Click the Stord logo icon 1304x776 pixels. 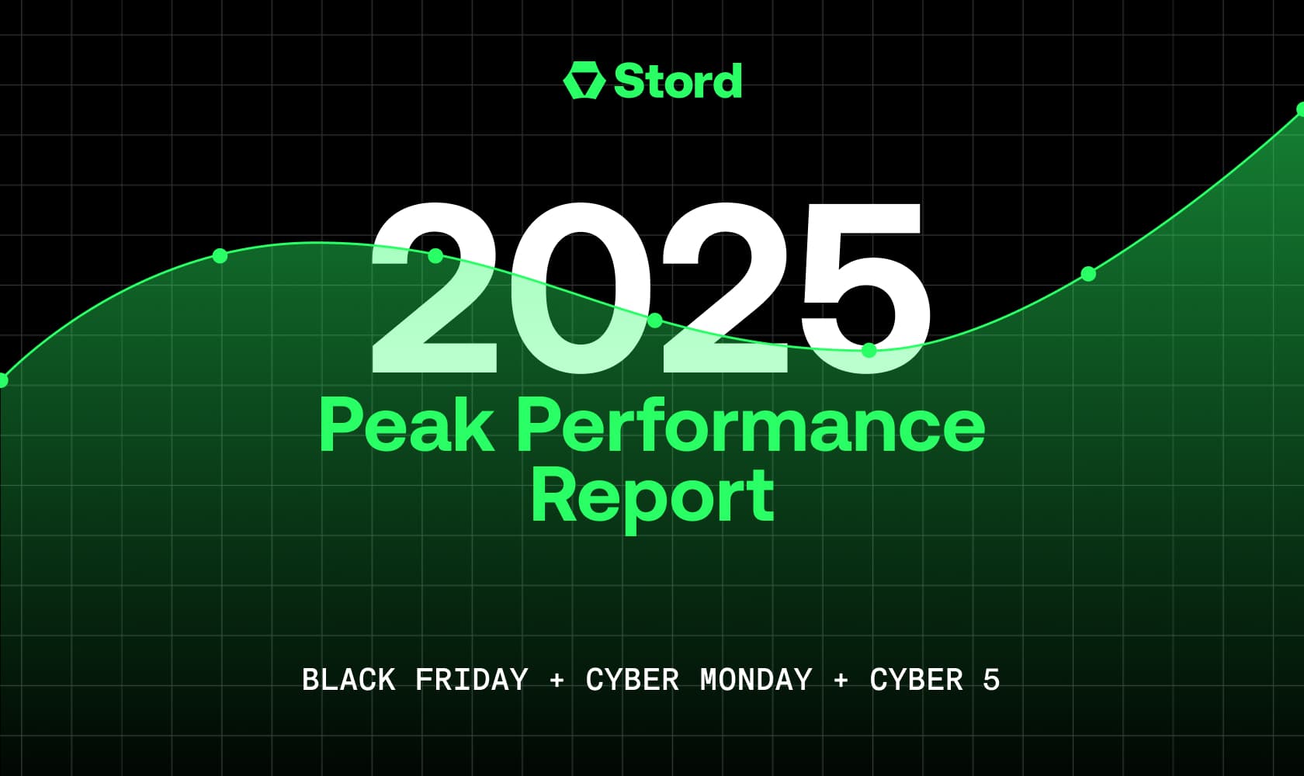tap(584, 81)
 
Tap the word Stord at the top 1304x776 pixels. tap(678, 81)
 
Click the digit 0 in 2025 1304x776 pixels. tap(579, 288)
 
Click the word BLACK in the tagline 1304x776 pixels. tap(348, 679)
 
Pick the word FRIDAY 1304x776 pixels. tap(472, 679)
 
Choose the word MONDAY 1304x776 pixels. tap(756, 679)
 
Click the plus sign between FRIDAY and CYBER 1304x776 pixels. tap(557, 680)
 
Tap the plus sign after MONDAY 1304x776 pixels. tap(841, 680)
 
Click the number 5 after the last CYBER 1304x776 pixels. tap(991, 679)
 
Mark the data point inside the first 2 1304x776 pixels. tap(435, 255)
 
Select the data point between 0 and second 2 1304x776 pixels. tap(655, 320)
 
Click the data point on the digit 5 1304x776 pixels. tap(869, 350)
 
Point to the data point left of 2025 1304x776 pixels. tap(220, 255)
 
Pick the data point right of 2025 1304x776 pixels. tap(1088, 274)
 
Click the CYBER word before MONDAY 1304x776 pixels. tap(632, 679)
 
